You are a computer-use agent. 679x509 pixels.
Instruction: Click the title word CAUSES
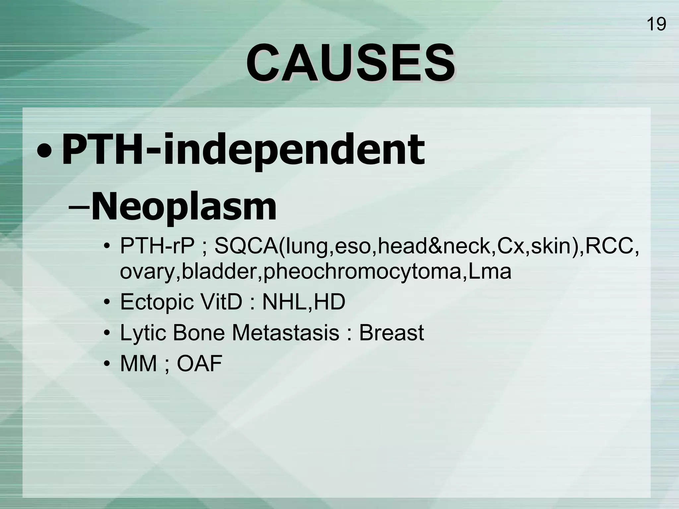(350, 63)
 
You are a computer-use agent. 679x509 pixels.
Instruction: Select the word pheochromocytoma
(363, 271)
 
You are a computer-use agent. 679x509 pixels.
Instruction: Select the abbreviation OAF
(199, 363)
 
